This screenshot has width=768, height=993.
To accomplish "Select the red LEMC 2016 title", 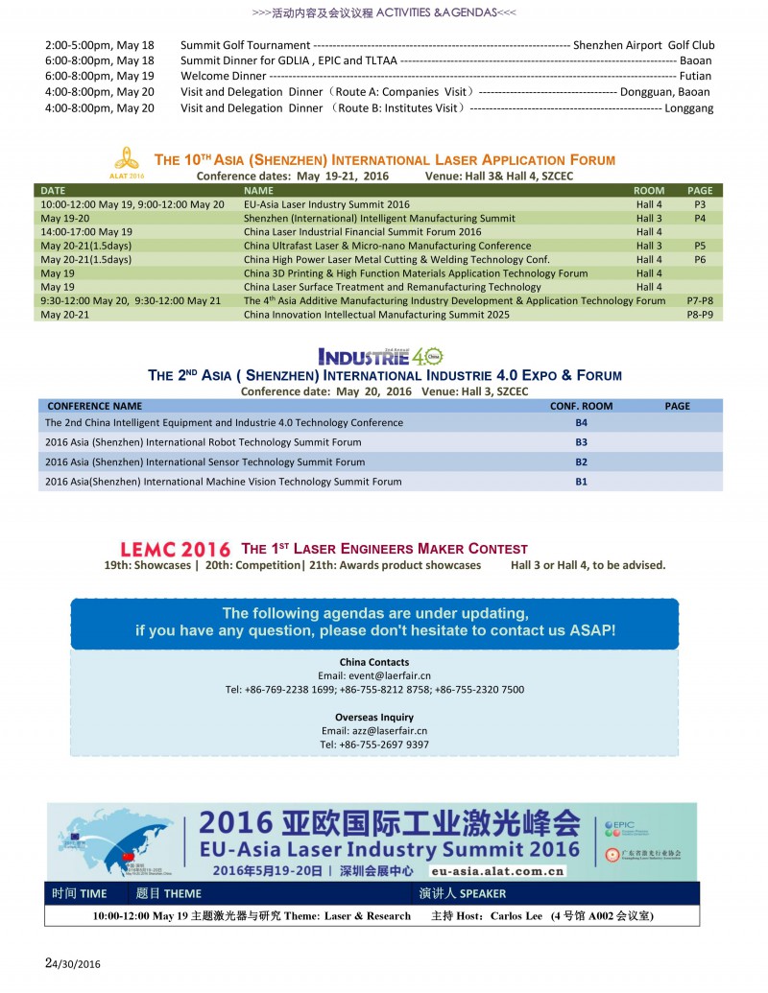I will (175, 550).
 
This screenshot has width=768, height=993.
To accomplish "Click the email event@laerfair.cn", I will (373, 675).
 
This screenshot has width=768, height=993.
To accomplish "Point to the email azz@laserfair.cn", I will (373, 731).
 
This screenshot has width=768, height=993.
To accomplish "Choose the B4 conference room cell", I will (581, 422).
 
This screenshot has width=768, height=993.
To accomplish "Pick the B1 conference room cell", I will (581, 482).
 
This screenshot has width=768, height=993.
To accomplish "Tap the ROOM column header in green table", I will (649, 191).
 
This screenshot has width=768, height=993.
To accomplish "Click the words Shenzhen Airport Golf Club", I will (643, 45).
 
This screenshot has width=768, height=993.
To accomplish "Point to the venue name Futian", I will (695, 76).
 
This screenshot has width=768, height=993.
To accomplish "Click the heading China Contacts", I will (373, 662).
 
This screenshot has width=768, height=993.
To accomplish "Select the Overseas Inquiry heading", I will (373, 717).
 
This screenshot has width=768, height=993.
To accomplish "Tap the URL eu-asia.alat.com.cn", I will (497, 871).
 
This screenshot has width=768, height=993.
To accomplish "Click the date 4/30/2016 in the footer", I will (76, 964).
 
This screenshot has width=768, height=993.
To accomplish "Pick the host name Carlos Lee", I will (516, 916).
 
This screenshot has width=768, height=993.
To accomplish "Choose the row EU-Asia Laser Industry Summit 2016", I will (326, 204).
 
